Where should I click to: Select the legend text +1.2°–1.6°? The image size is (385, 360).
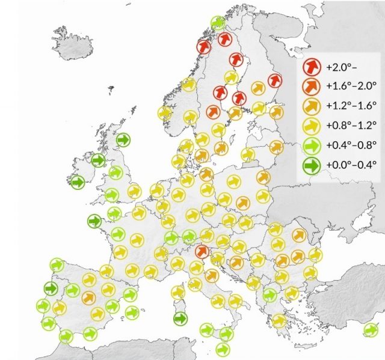[351, 106]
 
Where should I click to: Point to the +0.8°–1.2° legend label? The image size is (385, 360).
[351, 126]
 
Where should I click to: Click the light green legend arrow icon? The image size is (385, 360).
[312, 145]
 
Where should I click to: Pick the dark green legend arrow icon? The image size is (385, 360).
[312, 164]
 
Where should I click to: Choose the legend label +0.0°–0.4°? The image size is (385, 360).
[351, 164]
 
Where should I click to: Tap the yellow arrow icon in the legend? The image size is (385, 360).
[312, 126]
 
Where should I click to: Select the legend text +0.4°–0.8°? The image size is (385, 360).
[351, 145]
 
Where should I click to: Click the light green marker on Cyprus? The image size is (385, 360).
[371, 329]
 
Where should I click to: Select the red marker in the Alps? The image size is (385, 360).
[202, 251]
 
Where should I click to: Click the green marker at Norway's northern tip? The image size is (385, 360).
[218, 23]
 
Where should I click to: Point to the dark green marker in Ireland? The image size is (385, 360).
[78, 182]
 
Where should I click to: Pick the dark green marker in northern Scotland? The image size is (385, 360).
[123, 140]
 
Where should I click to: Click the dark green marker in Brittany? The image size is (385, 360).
[94, 221]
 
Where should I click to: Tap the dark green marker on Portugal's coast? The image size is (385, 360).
[51, 288]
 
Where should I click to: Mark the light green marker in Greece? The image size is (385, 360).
[269, 294]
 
